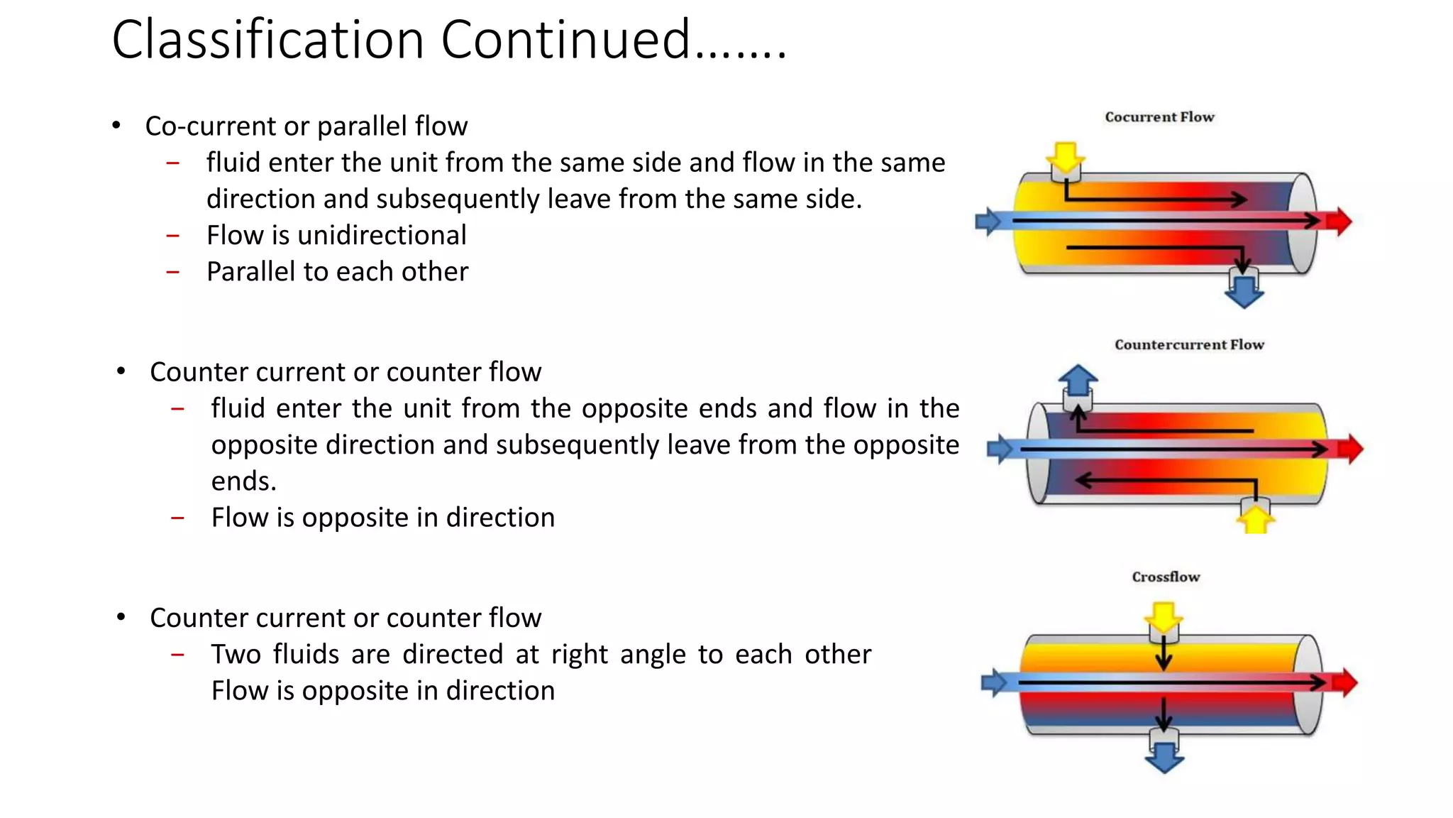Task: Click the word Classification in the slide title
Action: [x=268, y=40]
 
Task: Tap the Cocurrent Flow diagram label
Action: [x=1159, y=117]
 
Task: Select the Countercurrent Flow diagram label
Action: [x=1189, y=345]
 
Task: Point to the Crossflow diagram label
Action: [x=1166, y=577]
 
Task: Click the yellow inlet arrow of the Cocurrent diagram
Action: [x=1065, y=157]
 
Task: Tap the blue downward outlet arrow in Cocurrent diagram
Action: [x=1244, y=292]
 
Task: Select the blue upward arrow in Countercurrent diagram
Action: [x=1078, y=380]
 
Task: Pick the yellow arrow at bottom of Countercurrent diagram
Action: [x=1256, y=519]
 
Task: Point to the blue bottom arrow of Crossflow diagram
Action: [x=1164, y=758]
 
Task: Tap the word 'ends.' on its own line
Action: [x=243, y=481]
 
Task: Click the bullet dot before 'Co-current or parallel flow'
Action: [x=116, y=126]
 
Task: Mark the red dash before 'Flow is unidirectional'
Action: [x=173, y=236]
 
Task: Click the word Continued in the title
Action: [x=565, y=40]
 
